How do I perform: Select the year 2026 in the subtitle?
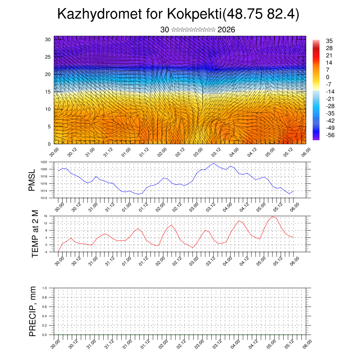tap(226, 30)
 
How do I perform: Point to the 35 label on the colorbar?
tap(329, 41)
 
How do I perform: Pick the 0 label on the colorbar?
tap(328, 77)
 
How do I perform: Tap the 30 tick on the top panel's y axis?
tap(48, 39)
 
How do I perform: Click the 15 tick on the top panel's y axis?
tap(48, 92)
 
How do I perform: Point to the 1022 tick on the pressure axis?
tap(44, 162)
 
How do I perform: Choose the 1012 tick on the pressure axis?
tap(44, 198)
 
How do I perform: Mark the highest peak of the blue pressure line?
tap(214, 163)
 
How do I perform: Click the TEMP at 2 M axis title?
tap(35, 233)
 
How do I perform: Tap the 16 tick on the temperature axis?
tap(45, 216)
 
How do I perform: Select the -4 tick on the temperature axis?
tap(45, 252)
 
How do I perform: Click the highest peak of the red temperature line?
tap(272, 217)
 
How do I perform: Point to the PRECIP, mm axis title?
tap(33, 311)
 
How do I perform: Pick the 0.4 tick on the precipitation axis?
tap(45, 316)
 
